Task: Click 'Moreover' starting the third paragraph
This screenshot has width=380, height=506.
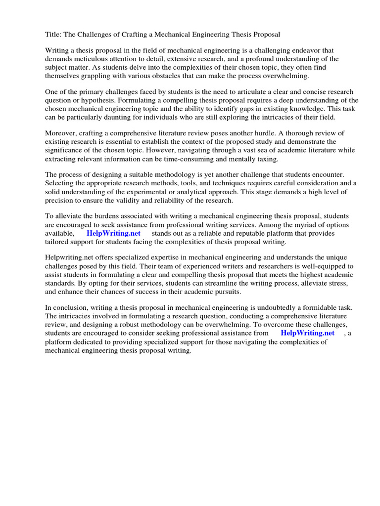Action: tap(61, 133)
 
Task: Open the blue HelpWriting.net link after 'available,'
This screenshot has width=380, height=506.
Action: tap(114, 233)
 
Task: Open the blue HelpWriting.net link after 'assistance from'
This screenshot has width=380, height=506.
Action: tap(307, 333)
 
